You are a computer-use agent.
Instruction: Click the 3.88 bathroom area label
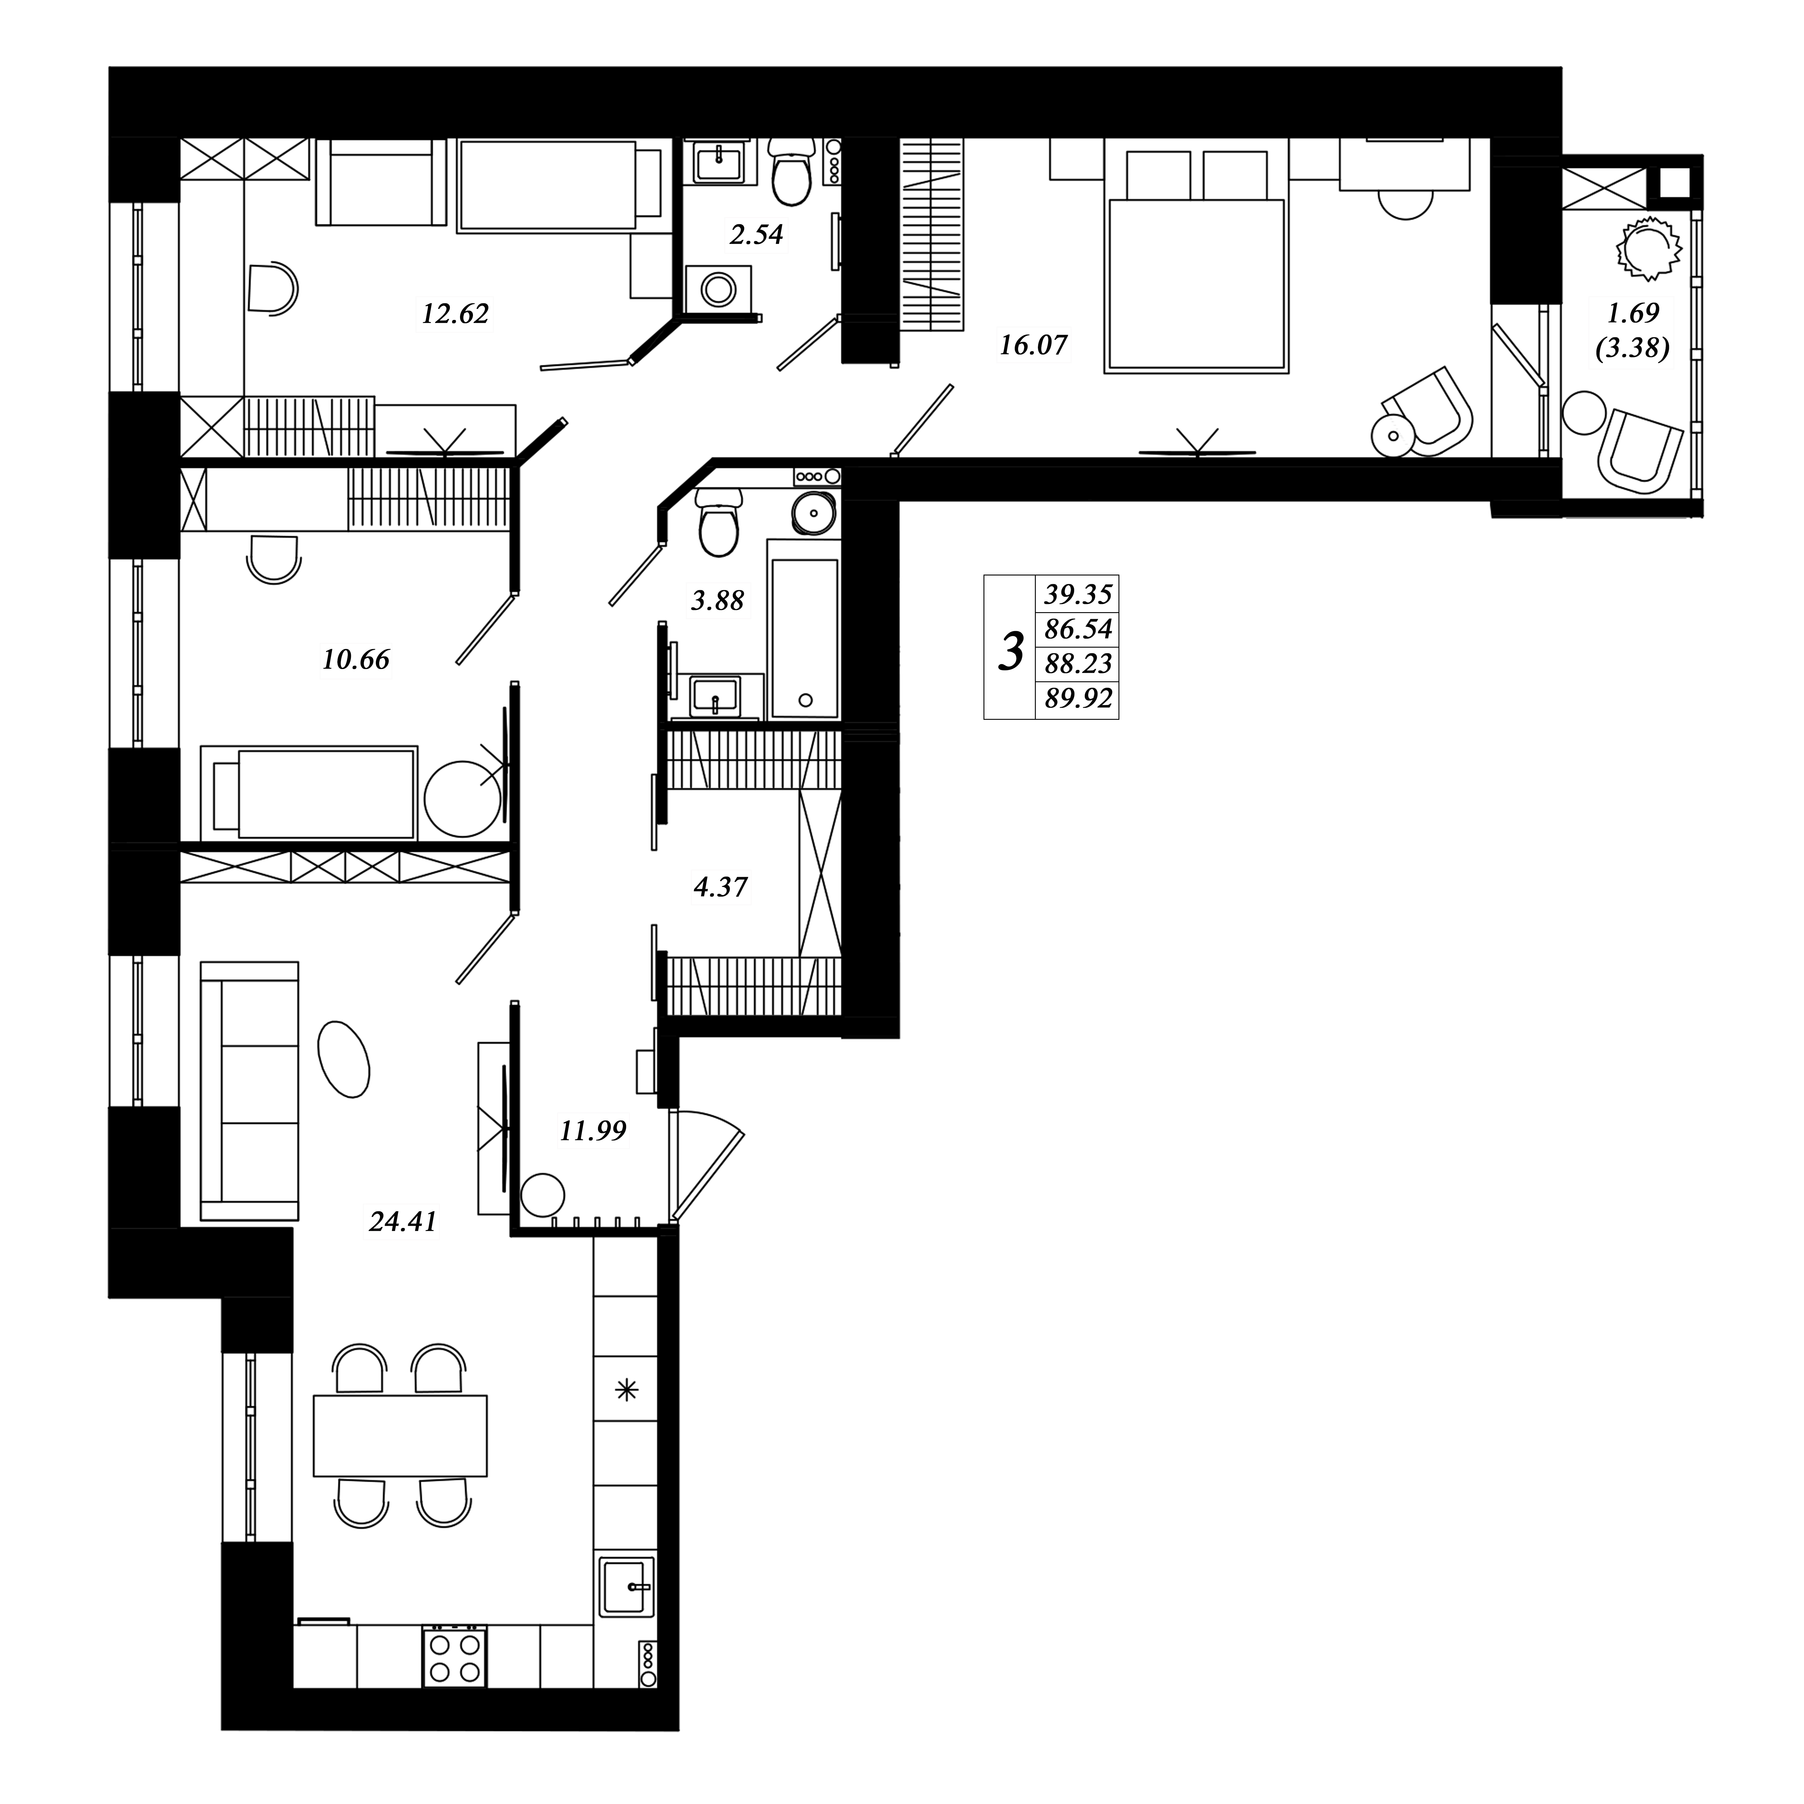click(x=717, y=600)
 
